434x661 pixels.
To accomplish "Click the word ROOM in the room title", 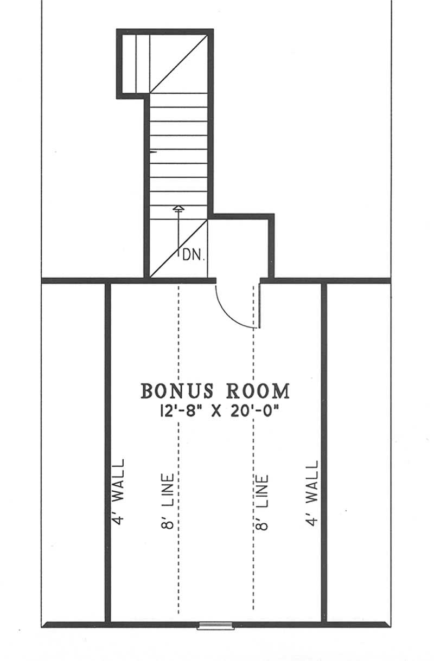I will [258, 391].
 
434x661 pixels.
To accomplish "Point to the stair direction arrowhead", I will [178, 208].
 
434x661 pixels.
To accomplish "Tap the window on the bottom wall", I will [216, 625].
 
